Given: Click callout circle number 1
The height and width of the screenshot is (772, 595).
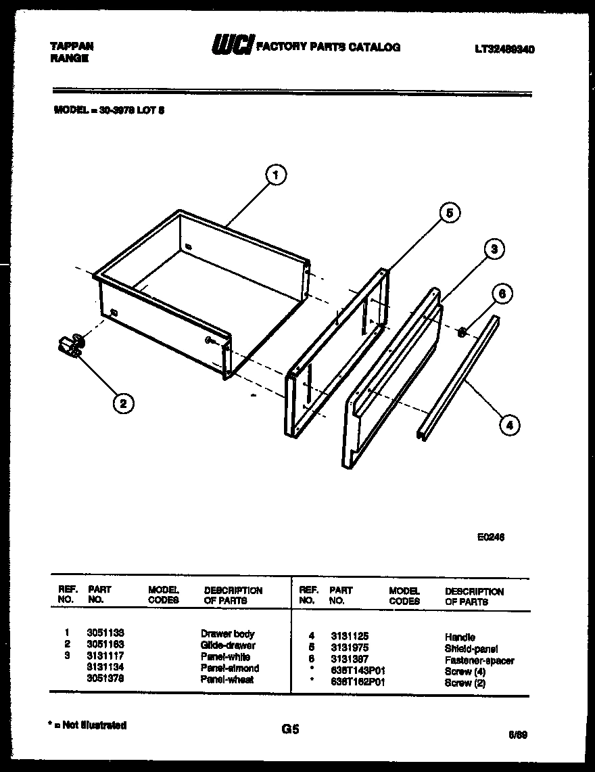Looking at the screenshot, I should click(275, 175).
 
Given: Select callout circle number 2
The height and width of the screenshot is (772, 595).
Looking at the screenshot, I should click(122, 404).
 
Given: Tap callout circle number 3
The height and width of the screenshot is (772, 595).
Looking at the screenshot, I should click(494, 250).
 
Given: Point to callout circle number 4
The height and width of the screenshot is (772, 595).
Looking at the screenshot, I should click(509, 425).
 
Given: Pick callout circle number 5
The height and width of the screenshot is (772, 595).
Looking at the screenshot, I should click(448, 213).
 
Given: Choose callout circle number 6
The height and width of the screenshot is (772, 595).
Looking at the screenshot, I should click(501, 294).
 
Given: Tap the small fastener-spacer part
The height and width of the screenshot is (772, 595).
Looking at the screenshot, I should click(462, 332).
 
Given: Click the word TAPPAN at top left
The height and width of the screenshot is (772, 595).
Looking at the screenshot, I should click(72, 46).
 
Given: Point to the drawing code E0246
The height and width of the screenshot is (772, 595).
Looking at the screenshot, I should click(490, 537).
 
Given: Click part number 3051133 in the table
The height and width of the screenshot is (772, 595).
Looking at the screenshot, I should click(105, 633).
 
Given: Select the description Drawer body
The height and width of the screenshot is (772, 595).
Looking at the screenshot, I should click(228, 634).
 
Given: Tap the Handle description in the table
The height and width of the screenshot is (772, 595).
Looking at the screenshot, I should click(460, 637).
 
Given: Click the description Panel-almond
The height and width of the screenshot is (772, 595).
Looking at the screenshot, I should click(230, 668).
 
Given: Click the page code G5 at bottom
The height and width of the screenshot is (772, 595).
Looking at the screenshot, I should click(289, 729).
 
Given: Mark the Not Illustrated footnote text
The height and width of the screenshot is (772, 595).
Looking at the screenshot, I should click(89, 725).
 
